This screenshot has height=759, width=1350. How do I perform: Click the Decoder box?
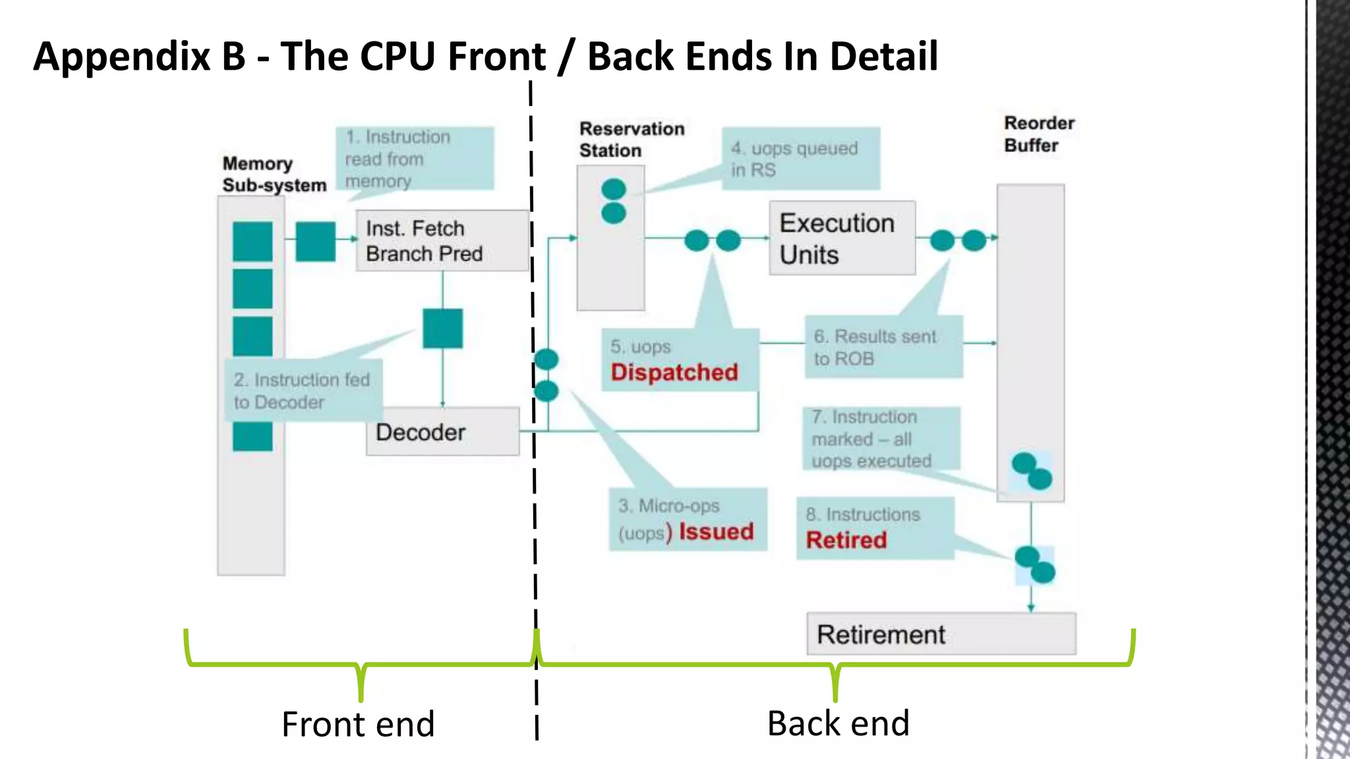coord(442,432)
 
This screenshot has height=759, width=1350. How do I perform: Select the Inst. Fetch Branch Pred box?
coord(442,241)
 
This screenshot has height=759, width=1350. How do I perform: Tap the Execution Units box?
coord(842,239)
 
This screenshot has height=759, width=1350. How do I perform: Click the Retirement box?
coord(941,634)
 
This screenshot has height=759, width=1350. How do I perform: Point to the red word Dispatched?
coord(674,372)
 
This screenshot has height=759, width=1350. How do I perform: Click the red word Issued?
coord(716,532)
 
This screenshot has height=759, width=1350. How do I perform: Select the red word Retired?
coord(846,540)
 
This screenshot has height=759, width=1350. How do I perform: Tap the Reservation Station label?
coord(631,140)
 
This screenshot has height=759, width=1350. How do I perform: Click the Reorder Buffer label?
coord(1038,134)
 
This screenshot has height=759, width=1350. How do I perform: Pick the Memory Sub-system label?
coord(274,175)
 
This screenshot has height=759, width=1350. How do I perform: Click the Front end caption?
coord(358,724)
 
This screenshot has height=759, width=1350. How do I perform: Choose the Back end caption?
coord(838,723)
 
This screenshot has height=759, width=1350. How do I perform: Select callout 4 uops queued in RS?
coord(800,159)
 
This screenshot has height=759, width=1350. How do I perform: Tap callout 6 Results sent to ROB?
coord(883,347)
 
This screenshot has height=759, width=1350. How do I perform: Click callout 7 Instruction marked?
coord(880,439)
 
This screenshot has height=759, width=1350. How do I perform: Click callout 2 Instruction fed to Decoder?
coord(303,391)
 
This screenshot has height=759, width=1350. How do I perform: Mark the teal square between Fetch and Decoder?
coord(442,328)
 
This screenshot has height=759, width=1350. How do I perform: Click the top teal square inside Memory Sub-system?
coord(252,241)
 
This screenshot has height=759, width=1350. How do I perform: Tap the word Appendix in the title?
coord(122,57)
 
